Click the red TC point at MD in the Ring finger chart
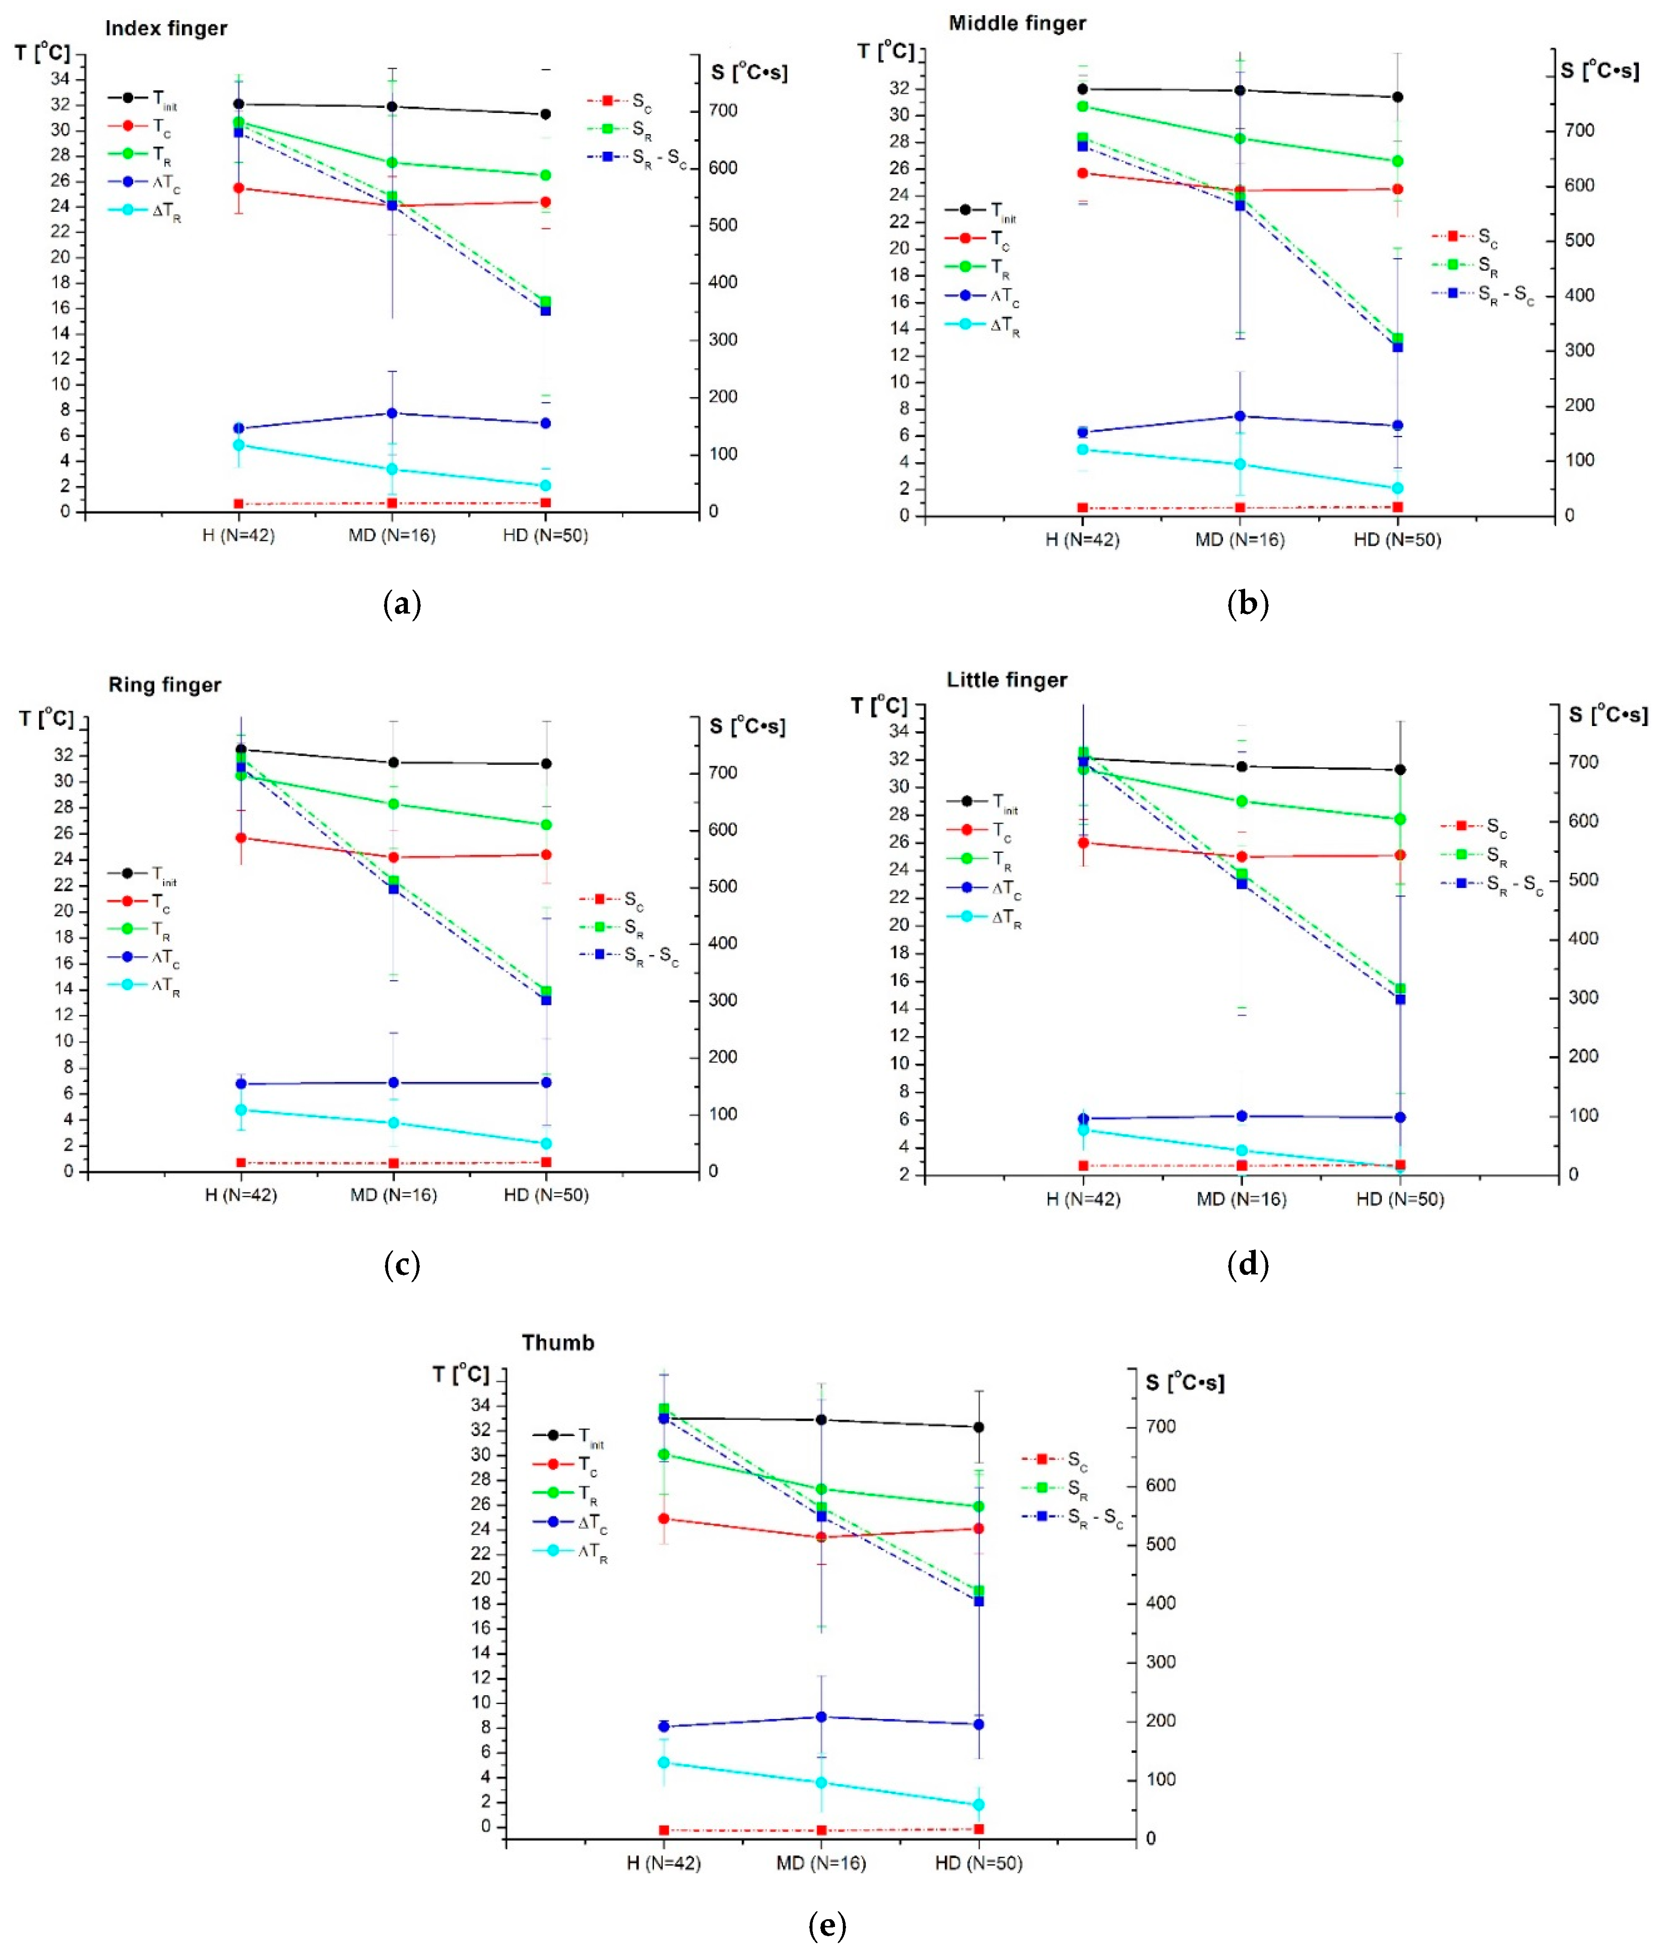[x=393, y=857]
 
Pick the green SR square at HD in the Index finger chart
[x=546, y=302]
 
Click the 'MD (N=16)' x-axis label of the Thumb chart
[x=821, y=1863]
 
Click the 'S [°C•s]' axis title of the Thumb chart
[x=1185, y=1382]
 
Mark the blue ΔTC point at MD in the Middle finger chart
[x=1240, y=416]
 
